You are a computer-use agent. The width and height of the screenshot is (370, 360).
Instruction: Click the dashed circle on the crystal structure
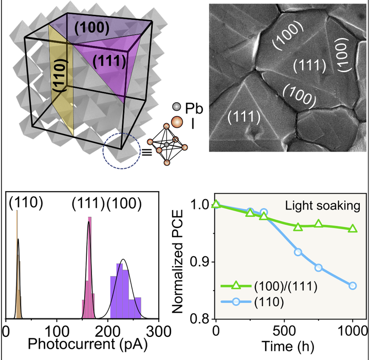tap(121, 153)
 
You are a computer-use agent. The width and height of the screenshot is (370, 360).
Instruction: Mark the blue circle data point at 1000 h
tap(353, 286)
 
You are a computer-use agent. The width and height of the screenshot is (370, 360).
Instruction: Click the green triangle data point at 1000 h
tap(353, 228)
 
